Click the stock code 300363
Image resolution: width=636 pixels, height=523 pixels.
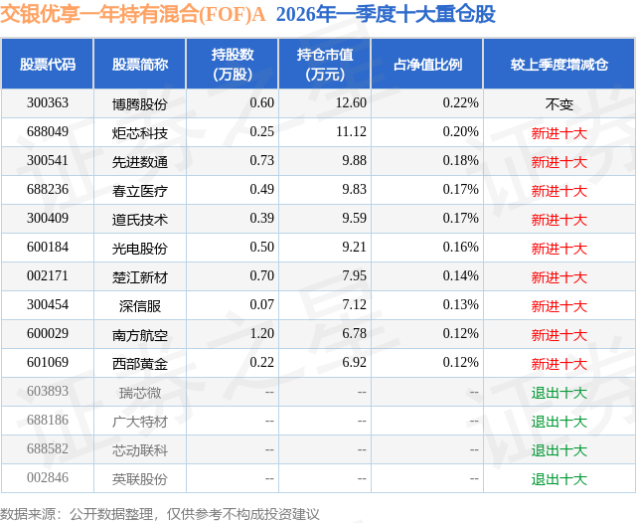48,103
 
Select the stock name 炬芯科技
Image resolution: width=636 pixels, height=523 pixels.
140,132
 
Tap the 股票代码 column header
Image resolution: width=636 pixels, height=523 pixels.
48,65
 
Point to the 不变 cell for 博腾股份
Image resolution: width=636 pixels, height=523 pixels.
558,103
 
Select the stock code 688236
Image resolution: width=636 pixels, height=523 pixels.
48,190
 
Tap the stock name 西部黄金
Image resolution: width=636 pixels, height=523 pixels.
140,363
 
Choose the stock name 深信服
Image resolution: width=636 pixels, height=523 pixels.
140,305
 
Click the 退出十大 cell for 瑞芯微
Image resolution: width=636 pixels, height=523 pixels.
558,392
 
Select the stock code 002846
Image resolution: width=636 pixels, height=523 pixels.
48,478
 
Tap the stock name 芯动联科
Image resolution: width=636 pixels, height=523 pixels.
140,449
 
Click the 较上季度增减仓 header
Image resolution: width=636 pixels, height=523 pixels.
558,65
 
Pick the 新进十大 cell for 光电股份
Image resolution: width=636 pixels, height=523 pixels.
558,248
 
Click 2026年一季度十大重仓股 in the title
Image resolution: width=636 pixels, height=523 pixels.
386,15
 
